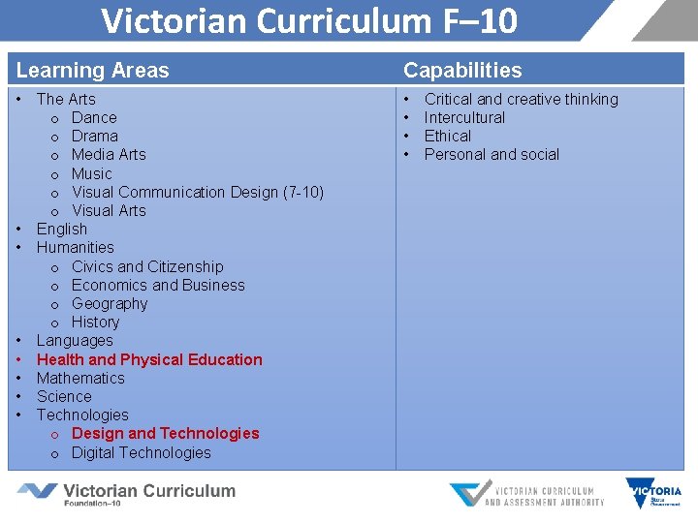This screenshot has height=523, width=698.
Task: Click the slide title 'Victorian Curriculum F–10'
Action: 309,20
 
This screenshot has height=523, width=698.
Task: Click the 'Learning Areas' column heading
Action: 93,70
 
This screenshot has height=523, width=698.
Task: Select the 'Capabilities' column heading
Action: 462,70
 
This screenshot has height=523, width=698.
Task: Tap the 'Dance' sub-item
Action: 94,117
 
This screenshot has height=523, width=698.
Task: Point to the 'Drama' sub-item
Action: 95,136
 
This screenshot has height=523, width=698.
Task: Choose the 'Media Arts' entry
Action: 109,154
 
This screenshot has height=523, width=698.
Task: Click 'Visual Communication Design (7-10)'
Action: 198,192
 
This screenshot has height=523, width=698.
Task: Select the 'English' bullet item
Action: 62,229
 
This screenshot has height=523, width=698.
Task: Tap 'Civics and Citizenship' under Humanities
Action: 147,266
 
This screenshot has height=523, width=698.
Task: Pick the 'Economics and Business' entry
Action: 158,285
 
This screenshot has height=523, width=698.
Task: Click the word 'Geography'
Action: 110,303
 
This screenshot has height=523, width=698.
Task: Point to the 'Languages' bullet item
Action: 75,340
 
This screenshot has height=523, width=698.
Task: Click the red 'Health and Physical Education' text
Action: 149,359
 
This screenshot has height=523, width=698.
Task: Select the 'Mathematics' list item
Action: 80,378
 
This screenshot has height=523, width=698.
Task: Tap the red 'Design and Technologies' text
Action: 166,433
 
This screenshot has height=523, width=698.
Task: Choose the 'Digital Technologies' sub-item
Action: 141,452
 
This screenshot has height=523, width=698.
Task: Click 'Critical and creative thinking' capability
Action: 521,99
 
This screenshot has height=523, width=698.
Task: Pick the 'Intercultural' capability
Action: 464,117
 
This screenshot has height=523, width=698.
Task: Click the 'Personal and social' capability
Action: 492,154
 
